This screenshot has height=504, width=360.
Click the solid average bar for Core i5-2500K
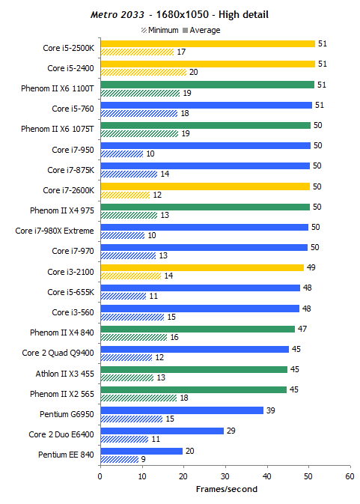(x=208, y=43)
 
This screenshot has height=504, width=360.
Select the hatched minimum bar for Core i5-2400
(x=144, y=73)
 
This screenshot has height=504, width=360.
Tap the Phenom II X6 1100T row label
(x=58, y=88)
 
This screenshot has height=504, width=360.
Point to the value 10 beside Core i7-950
(x=150, y=154)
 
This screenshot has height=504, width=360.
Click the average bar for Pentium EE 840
(x=141, y=452)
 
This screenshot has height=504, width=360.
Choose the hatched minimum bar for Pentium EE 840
(x=120, y=459)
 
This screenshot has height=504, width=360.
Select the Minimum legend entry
(x=159, y=30)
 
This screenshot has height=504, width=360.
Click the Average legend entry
(x=201, y=30)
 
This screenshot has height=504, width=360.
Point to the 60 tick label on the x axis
(x=350, y=476)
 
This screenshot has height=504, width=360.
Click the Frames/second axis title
(x=227, y=489)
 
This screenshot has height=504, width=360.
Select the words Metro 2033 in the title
(x=118, y=15)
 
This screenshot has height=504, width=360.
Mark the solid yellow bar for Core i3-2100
(x=202, y=268)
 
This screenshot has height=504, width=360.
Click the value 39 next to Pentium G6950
(x=270, y=410)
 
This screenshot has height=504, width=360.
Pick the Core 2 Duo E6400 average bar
(x=162, y=431)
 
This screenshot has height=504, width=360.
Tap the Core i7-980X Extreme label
(x=55, y=231)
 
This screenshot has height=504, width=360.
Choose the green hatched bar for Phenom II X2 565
(x=138, y=398)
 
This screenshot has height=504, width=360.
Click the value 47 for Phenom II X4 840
(x=302, y=329)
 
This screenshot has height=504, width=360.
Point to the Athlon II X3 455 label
(x=65, y=374)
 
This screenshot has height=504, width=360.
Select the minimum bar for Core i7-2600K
(x=125, y=195)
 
